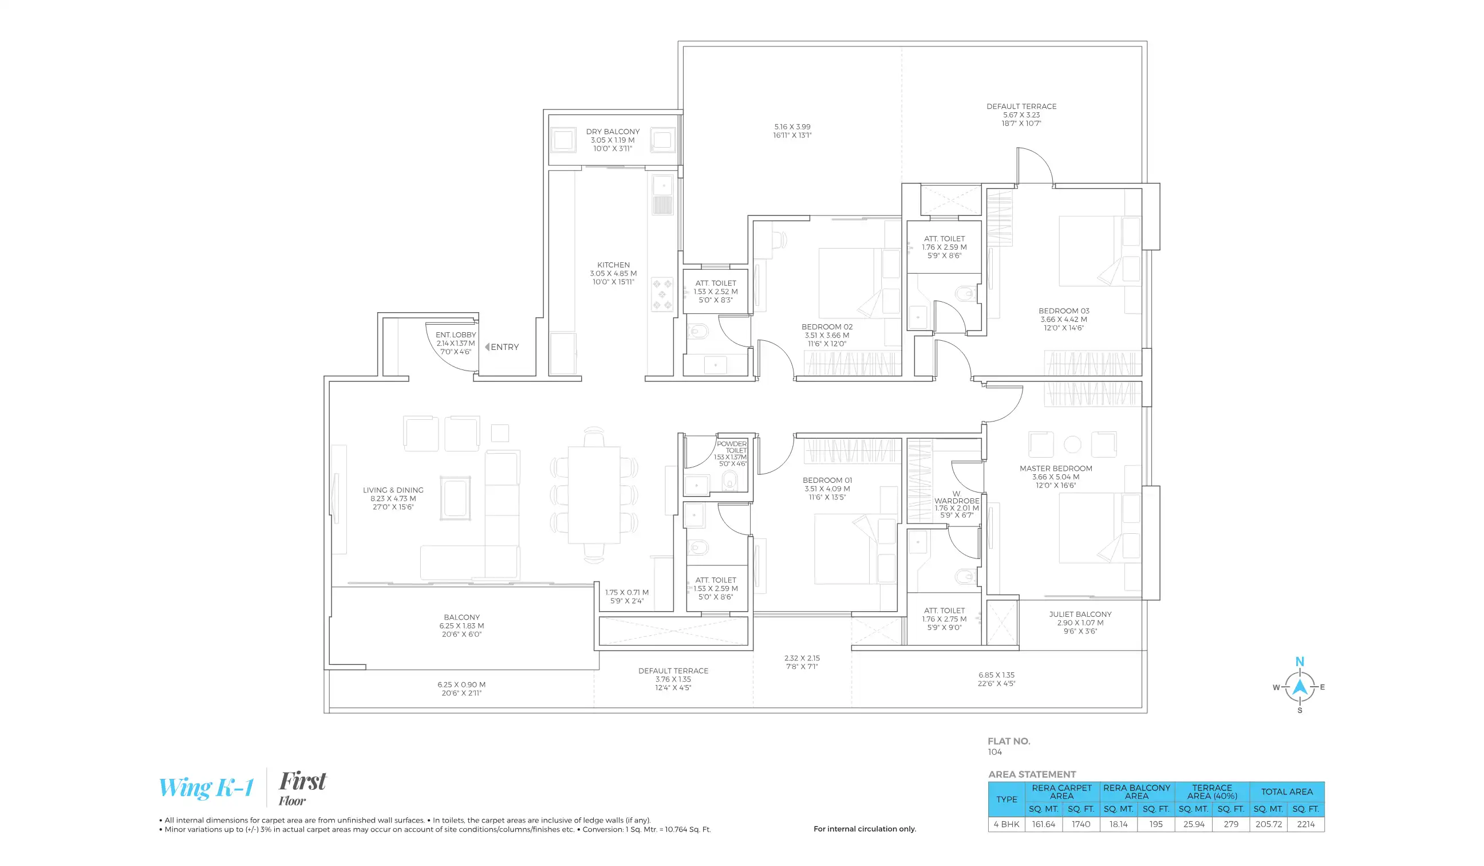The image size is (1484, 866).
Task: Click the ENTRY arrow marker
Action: point(487,347)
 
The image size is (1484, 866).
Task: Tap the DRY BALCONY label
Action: point(613,132)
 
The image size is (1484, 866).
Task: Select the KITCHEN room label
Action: point(613,265)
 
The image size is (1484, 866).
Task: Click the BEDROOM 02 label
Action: point(827,327)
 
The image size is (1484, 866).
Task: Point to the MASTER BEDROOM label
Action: point(1055,469)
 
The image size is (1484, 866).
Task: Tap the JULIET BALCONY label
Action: point(1080,615)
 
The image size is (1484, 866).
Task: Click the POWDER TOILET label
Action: point(731,447)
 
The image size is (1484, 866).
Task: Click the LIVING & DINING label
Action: point(393,490)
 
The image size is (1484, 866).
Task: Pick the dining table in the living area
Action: point(594,495)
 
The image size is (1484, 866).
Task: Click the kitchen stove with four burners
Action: point(662,294)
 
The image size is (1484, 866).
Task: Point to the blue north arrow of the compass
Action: point(1300,687)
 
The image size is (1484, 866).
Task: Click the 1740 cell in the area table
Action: point(1080,824)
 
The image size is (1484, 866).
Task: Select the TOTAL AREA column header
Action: point(1286,792)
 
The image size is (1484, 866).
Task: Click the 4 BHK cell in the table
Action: point(1007,824)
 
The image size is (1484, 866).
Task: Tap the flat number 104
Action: point(994,752)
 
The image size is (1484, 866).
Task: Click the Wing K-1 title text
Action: point(206,788)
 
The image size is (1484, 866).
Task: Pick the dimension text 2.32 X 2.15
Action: point(802,658)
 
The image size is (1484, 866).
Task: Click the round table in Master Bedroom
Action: point(1072,445)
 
